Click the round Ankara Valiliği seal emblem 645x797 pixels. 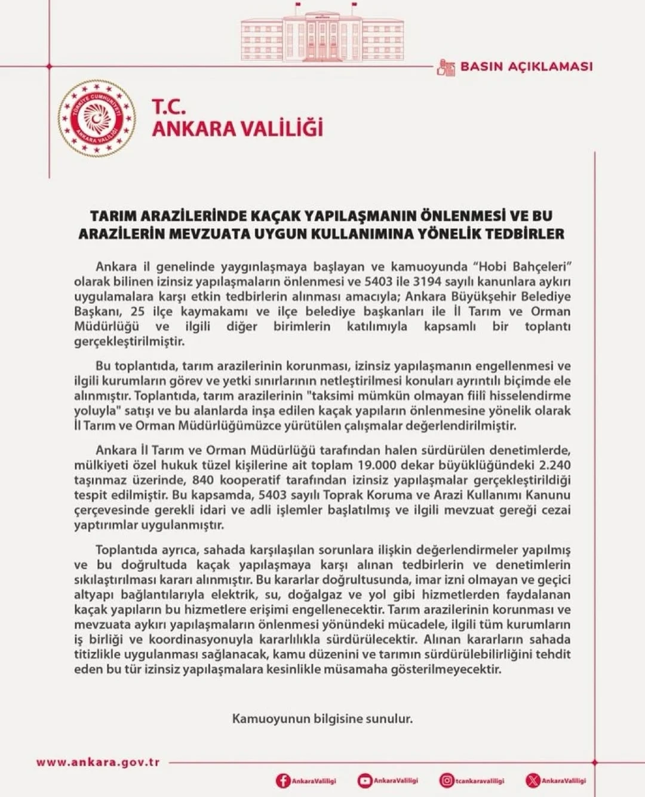click(97, 118)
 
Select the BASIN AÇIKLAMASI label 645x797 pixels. click(526, 66)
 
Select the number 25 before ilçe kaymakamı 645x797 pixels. click(137, 311)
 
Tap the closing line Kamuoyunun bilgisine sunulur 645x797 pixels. click(322, 718)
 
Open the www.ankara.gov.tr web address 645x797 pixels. click(98, 762)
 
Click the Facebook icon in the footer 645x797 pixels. click(283, 781)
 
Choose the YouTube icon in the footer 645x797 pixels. click(364, 781)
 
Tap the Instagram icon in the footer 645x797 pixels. click(446, 781)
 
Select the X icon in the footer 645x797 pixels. click(533, 781)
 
